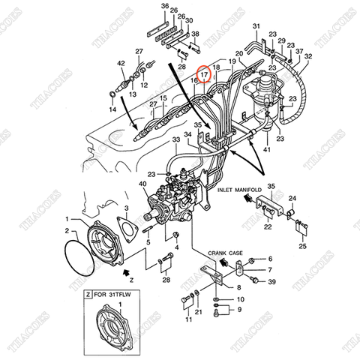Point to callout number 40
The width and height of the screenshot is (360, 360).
tap(143, 184)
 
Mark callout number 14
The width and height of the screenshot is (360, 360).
tap(113, 109)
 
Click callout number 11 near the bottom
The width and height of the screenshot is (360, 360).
tap(189, 320)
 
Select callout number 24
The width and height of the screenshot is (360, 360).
tap(292, 199)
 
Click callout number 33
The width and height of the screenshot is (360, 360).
tap(176, 140)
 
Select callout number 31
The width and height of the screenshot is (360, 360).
tap(256, 27)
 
